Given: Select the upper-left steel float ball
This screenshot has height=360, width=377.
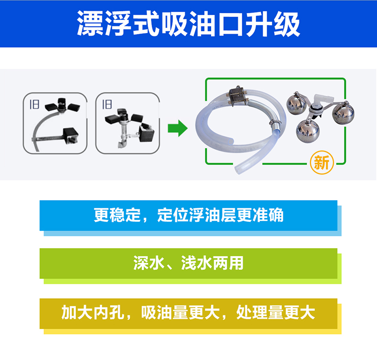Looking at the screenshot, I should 297,101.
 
